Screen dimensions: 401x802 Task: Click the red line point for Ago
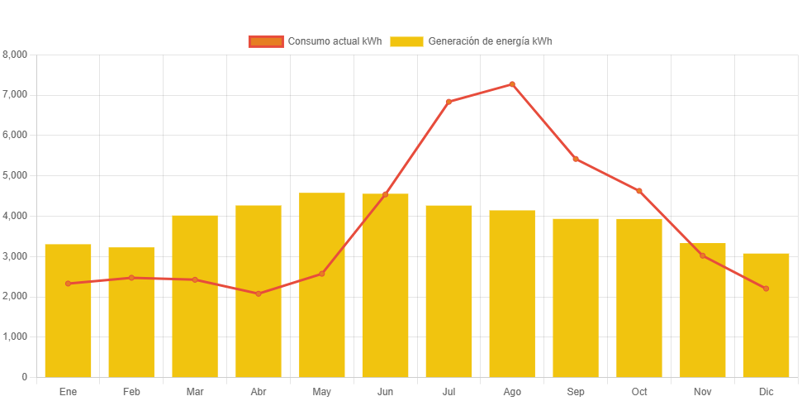[x=512, y=84]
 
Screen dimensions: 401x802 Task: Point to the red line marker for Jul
[x=448, y=102]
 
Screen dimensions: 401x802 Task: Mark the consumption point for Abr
[x=259, y=294]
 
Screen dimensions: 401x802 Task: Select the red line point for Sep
[x=576, y=159]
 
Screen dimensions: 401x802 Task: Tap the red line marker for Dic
[x=766, y=289]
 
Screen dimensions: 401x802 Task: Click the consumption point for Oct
[x=639, y=191]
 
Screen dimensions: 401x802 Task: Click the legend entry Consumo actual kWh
[x=315, y=41]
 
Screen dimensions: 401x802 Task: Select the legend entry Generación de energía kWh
[x=471, y=41]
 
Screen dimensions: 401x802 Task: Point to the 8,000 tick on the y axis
[x=16, y=55]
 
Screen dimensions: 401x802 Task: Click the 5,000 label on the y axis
[x=16, y=175]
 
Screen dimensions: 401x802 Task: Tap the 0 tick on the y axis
[x=24, y=377]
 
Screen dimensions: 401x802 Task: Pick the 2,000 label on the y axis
[x=16, y=296]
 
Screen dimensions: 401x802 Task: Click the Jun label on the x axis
[x=385, y=391]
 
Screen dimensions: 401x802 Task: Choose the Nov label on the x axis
[x=703, y=391]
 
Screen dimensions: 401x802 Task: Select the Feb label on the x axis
[x=131, y=391]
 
